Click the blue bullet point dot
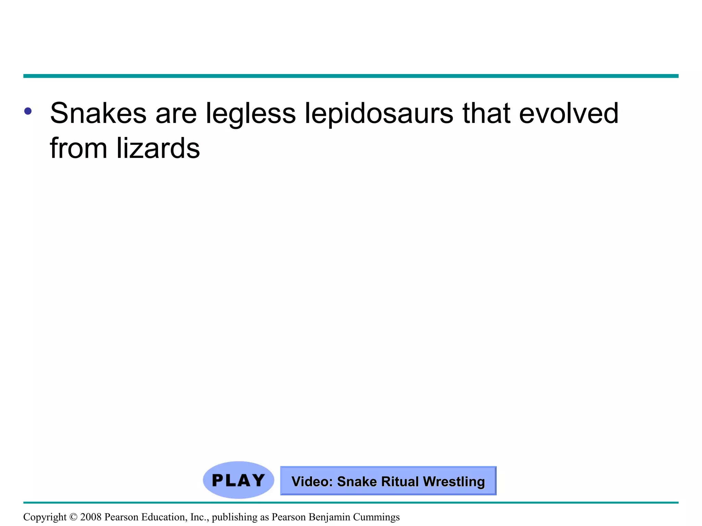(28, 111)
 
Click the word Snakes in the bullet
(98, 113)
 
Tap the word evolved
(569, 113)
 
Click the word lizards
(158, 148)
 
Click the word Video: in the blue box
(312, 481)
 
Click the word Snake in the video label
(357, 481)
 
